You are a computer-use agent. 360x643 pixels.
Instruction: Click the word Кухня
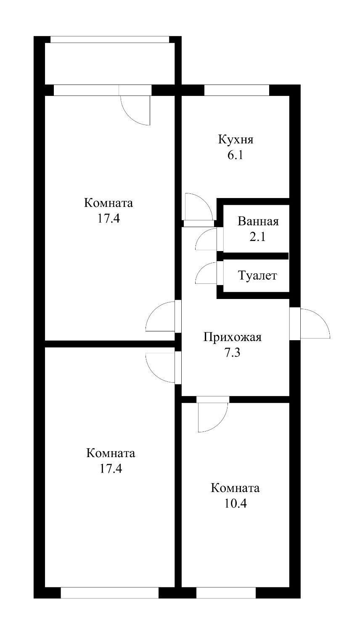[x=236, y=139]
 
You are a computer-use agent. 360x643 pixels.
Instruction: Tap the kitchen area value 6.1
[x=236, y=155]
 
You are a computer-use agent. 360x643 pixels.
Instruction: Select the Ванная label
[x=258, y=221]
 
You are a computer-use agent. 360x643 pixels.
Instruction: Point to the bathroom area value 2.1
[x=257, y=237]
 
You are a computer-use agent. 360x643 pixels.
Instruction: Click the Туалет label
[x=257, y=276]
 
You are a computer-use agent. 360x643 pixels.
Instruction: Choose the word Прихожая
[x=232, y=337]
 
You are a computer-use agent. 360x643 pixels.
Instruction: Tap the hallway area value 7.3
[x=232, y=353]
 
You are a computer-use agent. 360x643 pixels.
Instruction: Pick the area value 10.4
[x=235, y=503]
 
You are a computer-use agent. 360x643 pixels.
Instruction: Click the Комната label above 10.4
[x=235, y=488]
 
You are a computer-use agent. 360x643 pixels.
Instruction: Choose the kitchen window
[x=236, y=90]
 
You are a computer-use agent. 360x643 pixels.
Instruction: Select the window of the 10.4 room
[x=226, y=593]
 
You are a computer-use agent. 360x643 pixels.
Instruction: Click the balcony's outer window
[x=110, y=40]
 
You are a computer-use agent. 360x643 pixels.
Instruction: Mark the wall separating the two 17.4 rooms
[x=109, y=344]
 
